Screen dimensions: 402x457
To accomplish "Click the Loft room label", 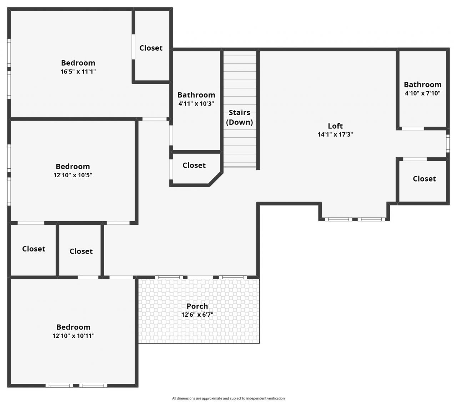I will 335,126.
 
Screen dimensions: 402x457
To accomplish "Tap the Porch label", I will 197,306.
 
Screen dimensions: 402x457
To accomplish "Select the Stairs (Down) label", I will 239,117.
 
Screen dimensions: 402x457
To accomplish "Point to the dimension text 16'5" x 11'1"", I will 78,71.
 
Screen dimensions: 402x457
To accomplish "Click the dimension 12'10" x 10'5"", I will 73,175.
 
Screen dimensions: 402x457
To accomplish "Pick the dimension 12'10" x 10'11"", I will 74,336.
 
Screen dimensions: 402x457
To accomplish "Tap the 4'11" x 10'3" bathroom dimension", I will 196,104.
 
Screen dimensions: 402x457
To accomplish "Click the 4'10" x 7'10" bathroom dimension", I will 422,93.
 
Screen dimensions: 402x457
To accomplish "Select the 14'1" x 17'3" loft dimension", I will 335,134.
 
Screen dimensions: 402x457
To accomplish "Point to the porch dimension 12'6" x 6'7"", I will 197,315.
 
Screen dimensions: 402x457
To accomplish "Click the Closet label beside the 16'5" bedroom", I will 151,48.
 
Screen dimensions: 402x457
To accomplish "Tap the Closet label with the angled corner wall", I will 194,165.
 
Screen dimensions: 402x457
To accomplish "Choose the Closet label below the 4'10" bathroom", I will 424,179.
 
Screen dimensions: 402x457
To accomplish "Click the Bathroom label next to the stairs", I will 196,95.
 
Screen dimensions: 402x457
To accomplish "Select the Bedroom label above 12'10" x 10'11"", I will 74,327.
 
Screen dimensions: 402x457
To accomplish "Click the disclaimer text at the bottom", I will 228,398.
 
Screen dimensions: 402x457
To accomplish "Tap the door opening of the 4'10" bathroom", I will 413,128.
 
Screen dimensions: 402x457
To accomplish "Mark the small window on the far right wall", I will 448,143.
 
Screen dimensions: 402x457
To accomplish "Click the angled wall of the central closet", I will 216,179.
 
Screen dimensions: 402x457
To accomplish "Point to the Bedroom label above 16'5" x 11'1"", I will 78,63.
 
